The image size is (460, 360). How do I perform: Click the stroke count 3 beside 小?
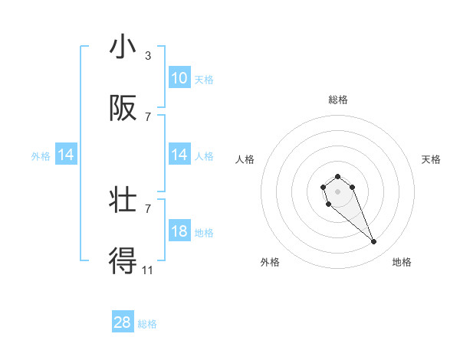point(147,56)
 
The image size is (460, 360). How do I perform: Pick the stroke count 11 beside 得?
point(147,270)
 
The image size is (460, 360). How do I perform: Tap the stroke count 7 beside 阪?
point(147,117)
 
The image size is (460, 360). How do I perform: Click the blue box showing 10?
point(179,78)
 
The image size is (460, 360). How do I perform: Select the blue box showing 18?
point(179,231)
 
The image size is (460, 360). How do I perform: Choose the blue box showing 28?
point(123,322)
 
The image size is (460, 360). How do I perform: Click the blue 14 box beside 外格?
point(66,155)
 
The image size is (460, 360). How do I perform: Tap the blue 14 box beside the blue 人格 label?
point(179,155)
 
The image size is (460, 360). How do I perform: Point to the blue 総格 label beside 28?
point(147,324)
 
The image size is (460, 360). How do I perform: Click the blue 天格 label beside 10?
point(204,79)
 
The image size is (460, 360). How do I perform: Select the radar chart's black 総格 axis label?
point(338,100)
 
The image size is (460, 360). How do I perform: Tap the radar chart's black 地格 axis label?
point(402,262)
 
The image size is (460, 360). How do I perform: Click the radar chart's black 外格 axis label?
point(270,262)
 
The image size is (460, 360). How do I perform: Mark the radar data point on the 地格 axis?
point(374,242)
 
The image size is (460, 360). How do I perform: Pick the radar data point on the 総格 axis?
point(338,177)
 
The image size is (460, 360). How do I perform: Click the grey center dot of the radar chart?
point(338,191)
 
